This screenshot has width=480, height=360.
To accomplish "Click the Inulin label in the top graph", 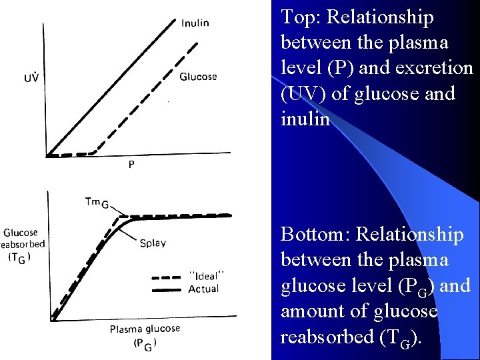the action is coord(195,23).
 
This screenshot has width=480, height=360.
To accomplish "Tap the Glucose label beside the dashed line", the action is coord(198,77).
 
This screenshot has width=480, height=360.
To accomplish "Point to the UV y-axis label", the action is coord(31,77).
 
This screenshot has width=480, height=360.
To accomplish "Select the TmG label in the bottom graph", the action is coord(97,202).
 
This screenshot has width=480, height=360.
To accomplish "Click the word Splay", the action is coord(153,243).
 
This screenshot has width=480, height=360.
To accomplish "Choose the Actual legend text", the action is coord(203,289).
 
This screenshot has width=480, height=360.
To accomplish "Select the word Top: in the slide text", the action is coord(302,17).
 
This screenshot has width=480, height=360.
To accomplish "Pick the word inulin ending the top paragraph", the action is coord(305,119).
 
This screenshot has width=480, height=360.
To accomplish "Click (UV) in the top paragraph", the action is coord(303,94).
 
